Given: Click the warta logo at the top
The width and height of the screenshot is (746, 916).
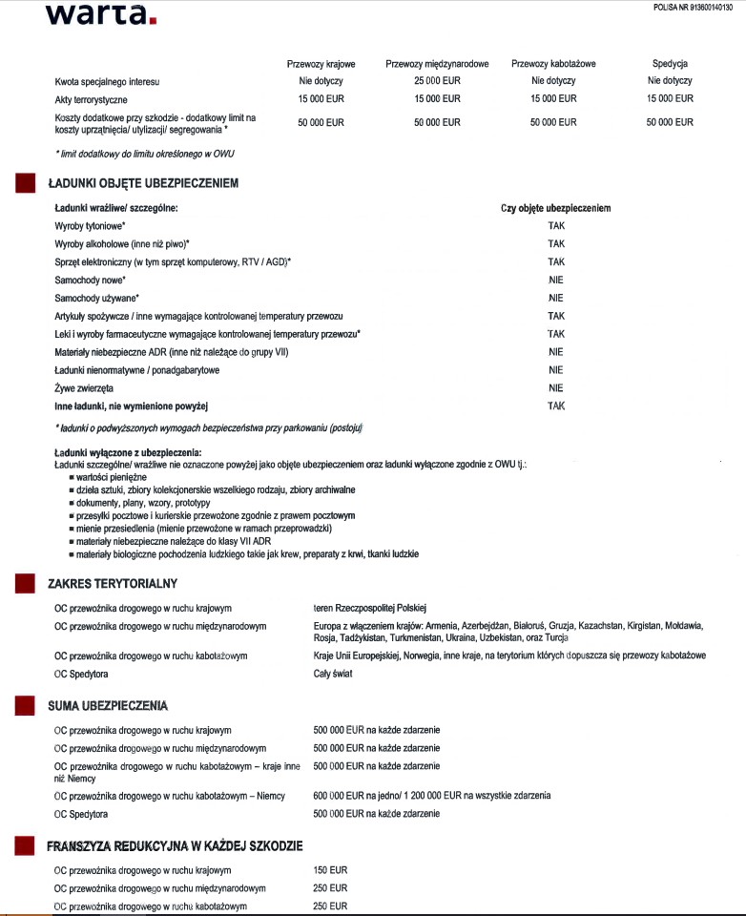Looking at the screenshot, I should click(x=100, y=13).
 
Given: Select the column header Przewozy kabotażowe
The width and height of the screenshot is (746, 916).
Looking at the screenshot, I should click(x=553, y=64).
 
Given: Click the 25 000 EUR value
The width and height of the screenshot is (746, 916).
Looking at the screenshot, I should click(x=437, y=81).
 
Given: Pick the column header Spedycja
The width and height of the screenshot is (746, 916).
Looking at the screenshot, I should click(x=670, y=64).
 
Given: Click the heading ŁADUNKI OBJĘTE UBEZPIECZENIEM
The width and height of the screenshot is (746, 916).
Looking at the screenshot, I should click(x=143, y=182).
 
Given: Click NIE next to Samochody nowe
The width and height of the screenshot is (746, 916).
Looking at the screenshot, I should click(x=556, y=280).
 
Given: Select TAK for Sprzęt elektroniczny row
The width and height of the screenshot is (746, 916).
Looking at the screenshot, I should click(x=556, y=261).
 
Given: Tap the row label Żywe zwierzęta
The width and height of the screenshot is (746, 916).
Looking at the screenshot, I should click(x=84, y=388).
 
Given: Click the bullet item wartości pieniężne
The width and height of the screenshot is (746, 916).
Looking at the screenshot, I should click(x=112, y=476).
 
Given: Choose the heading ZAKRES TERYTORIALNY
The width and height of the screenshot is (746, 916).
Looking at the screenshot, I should click(x=113, y=583).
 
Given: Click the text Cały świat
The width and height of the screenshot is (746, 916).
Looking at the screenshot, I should click(x=335, y=674).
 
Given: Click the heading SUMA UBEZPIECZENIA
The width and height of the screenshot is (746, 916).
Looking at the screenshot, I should click(x=108, y=706).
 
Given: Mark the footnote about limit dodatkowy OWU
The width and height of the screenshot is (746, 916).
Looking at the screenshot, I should click(x=144, y=154).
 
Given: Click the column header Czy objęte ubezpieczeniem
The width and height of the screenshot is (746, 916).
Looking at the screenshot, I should click(x=555, y=208).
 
